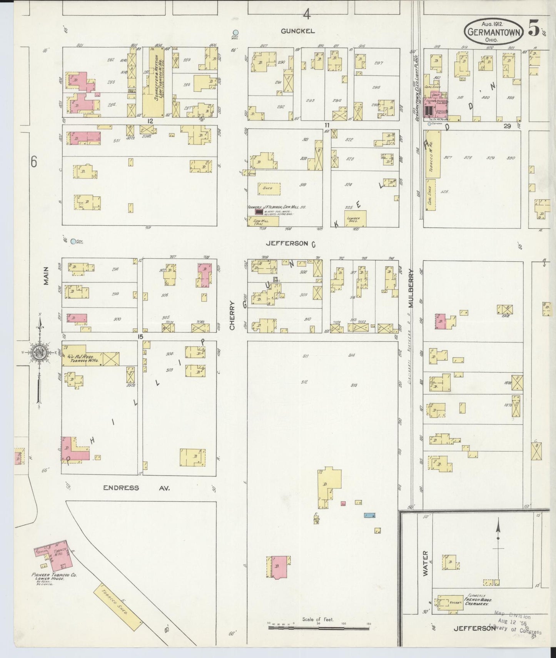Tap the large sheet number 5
pyautogui.click(x=534, y=29)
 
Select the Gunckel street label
pyautogui.click(x=297, y=31)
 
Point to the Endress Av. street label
pyautogui.click(x=136, y=488)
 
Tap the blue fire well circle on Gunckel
pyautogui.click(x=235, y=33)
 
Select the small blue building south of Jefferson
pyautogui.click(x=369, y=515)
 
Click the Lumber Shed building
pyautogui.click(x=355, y=219)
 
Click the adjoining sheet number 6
pyautogui.click(x=34, y=163)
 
